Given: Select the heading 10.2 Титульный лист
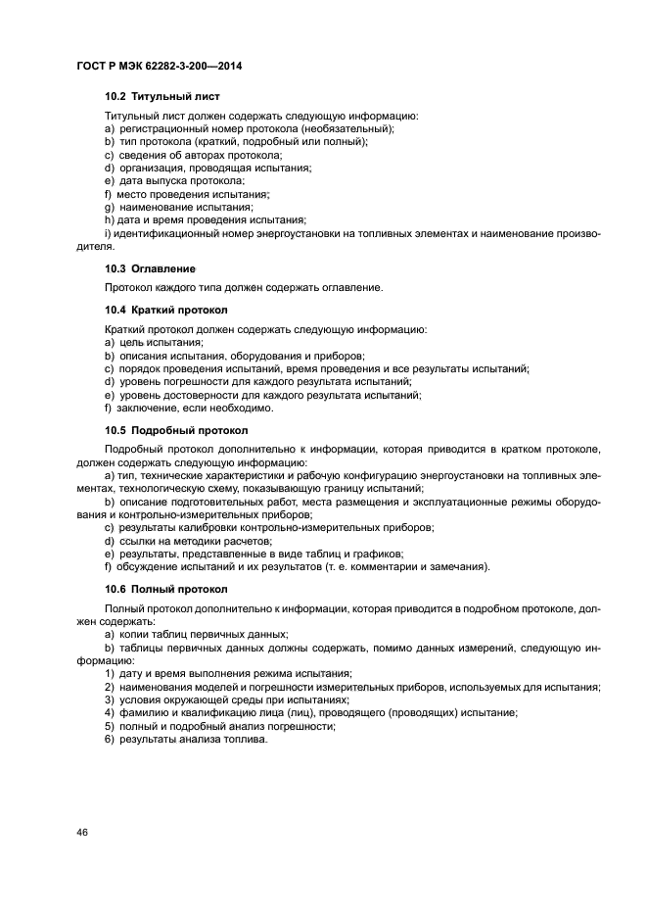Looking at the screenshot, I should [162, 97].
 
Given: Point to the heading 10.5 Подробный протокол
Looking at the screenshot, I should [176, 430].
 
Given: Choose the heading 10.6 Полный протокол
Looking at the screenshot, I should [165, 589].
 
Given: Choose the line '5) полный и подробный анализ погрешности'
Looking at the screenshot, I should [216, 727].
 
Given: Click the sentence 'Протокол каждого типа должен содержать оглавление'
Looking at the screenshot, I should [244, 287].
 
